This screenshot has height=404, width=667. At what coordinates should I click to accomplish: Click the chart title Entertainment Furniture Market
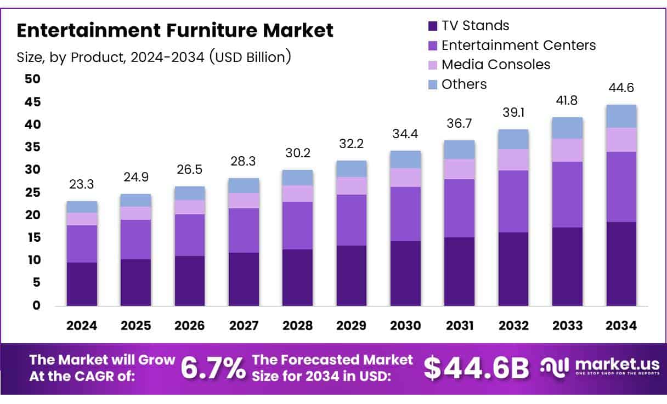[174, 31]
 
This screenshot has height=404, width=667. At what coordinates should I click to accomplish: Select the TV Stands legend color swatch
[432, 26]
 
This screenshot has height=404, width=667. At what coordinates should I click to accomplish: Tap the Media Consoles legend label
[495, 65]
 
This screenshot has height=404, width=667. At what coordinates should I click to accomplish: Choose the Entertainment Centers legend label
[518, 45]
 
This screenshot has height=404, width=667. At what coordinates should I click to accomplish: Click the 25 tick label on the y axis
[33, 192]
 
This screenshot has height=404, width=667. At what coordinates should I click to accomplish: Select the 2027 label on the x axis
[244, 326]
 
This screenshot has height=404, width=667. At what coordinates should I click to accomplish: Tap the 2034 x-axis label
[621, 326]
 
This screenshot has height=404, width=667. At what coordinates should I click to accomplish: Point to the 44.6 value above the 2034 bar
[621, 88]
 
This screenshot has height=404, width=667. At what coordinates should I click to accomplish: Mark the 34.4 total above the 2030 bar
[406, 134]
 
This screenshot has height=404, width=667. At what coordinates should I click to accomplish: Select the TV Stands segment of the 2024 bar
[82, 284]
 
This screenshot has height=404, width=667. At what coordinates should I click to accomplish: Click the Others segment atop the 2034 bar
[621, 116]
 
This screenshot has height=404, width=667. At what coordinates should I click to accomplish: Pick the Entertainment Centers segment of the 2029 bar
[352, 220]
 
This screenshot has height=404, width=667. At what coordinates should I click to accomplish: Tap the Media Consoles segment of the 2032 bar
[513, 160]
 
